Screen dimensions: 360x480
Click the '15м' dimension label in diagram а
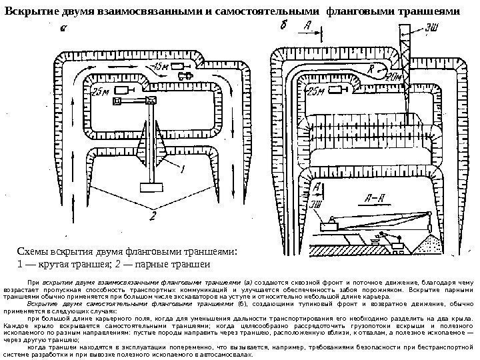161,67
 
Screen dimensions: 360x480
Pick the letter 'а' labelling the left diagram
63,29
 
